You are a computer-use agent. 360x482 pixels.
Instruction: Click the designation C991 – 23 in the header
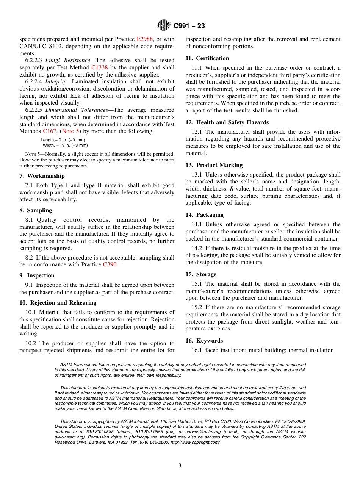(189, 26)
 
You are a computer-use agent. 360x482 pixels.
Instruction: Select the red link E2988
(144, 39)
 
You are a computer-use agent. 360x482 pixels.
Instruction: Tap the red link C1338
(100, 67)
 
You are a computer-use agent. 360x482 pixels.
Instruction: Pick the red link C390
(110, 264)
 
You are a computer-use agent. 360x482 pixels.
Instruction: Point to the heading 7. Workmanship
(42, 176)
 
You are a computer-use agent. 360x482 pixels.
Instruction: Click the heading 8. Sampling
(36, 210)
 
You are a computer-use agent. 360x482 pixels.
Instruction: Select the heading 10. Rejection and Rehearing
(58, 303)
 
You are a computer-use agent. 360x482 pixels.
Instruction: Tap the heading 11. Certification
(207, 58)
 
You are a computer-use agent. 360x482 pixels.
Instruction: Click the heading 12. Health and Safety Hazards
(227, 122)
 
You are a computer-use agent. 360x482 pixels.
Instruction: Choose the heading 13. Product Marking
(214, 165)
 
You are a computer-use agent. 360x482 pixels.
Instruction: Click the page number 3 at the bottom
(180, 466)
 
